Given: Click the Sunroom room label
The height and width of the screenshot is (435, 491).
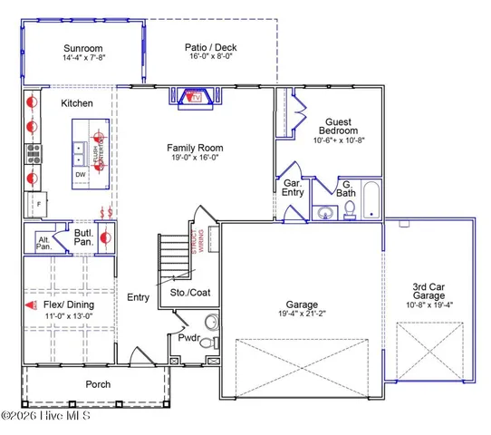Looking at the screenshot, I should [x=82, y=48].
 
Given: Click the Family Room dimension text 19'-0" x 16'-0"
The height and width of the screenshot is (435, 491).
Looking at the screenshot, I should [x=195, y=158].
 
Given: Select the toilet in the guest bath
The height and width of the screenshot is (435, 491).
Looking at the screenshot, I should [x=348, y=210].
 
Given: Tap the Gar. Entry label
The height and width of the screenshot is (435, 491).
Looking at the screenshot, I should [x=293, y=187].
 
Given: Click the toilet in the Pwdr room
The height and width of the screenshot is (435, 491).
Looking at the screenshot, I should [x=211, y=323].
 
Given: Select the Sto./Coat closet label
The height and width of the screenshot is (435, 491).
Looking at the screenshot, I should [x=189, y=292].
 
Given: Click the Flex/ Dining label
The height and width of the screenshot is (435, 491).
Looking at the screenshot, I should [x=68, y=304].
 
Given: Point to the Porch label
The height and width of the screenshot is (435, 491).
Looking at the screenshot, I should [x=98, y=384].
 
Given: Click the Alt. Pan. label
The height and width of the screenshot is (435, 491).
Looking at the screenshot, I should [x=43, y=243].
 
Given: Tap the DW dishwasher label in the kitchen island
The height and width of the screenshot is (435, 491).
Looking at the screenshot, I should [x=81, y=173].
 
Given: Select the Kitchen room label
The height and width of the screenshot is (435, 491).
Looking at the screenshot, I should [x=77, y=103].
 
